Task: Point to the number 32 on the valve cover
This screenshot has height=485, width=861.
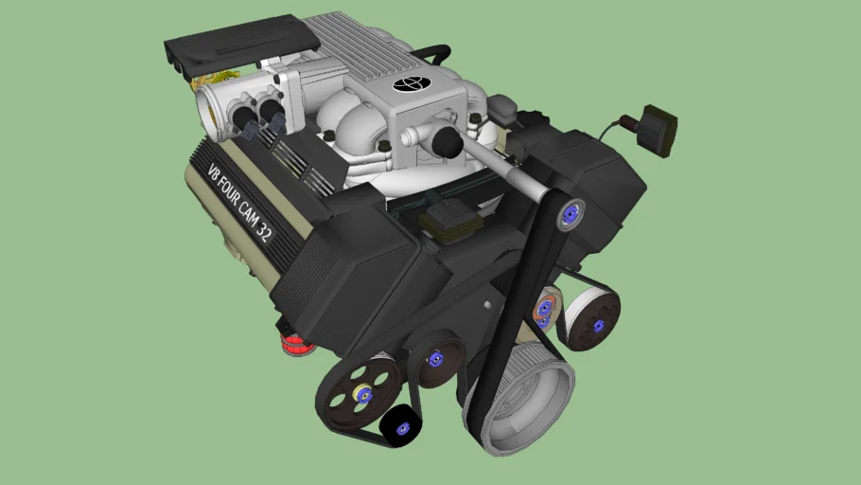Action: pos(264,233)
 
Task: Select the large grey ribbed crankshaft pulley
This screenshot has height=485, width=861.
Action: pos(519,399)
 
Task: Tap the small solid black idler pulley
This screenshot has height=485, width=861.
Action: pos(401,426)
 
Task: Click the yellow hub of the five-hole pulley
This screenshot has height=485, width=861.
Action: pos(362,394)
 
